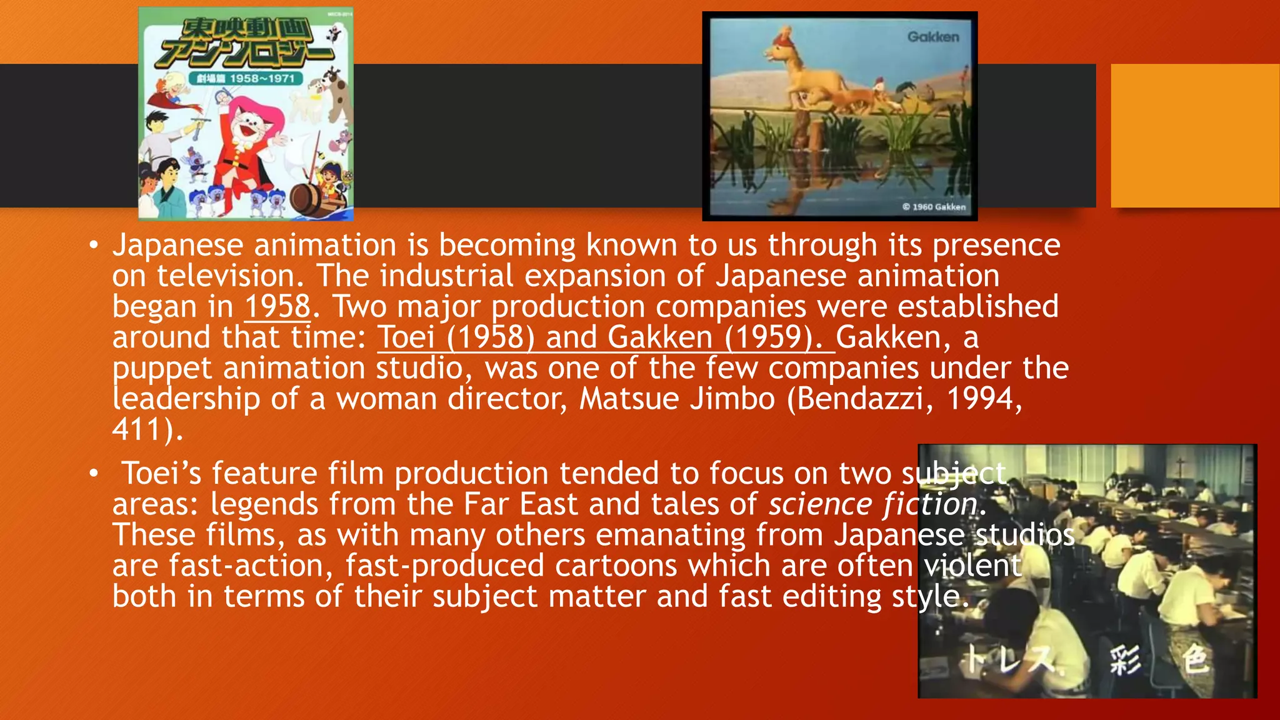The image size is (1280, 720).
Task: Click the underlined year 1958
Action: [277, 306]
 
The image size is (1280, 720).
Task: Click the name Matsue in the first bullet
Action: [629, 399]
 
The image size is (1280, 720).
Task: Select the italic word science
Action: [820, 504]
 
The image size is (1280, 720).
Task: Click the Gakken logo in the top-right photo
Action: [932, 37]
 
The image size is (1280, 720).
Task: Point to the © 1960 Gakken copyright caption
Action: [934, 207]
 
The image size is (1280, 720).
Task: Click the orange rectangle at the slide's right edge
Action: [1195, 136]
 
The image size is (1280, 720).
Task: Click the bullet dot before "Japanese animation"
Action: [93, 246]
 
